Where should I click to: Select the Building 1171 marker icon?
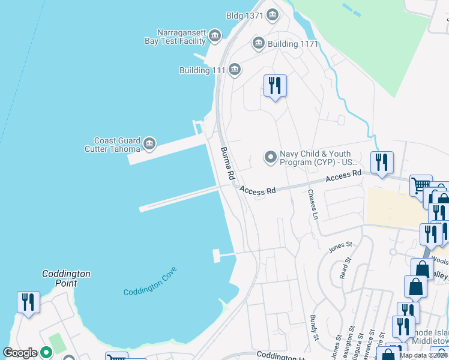pyautogui.click(x=259, y=43)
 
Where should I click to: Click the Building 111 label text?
pyautogui.click(x=202, y=71)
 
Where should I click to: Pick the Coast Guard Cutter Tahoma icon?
pyautogui.click(x=149, y=144)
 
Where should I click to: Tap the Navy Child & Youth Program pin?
pyautogui.click(x=271, y=158)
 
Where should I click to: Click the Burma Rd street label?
pyautogui.click(x=227, y=164)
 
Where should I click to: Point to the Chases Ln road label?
pyautogui.click(x=313, y=204)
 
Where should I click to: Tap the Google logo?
pyautogui.click(x=20, y=353)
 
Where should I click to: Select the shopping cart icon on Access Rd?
pyautogui.click(x=420, y=185)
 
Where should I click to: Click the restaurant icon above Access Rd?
pyautogui.click(x=381, y=162)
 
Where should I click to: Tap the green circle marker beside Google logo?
pyautogui.click(x=46, y=353)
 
